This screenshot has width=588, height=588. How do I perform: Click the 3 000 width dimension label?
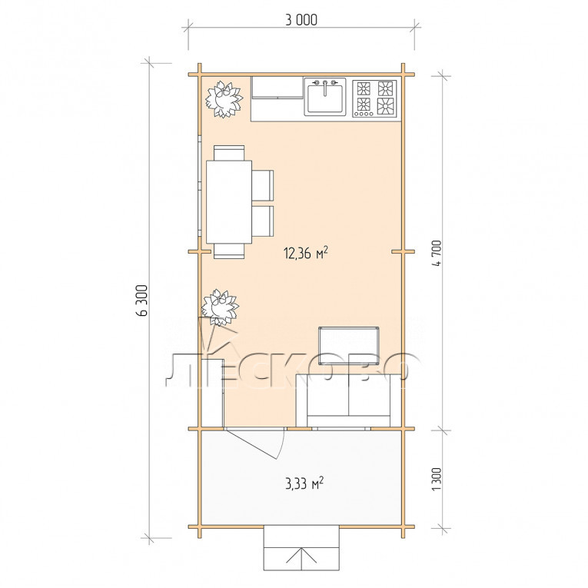(301, 19)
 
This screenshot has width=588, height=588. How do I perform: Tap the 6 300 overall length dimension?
(143, 301)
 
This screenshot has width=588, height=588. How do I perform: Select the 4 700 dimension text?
(437, 253)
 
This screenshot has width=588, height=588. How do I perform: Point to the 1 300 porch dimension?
(437, 479)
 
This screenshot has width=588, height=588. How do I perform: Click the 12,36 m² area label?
(306, 253)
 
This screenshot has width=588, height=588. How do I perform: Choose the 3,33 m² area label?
(304, 483)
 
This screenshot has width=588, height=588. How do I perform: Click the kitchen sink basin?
(325, 98)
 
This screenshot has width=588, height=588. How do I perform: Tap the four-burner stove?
(374, 98)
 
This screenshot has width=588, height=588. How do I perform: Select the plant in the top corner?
(224, 99)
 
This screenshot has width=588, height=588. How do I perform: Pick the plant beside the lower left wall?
(220, 307)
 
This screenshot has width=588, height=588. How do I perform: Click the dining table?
(229, 201)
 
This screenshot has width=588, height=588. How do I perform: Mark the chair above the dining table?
(229, 153)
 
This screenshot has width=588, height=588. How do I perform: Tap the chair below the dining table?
(229, 251)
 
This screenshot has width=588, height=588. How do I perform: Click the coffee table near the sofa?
(348, 346)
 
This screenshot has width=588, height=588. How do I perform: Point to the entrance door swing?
(256, 443)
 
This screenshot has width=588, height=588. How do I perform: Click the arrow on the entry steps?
(301, 557)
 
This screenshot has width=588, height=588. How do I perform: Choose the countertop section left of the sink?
(277, 98)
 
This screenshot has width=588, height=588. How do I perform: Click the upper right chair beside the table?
(263, 185)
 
